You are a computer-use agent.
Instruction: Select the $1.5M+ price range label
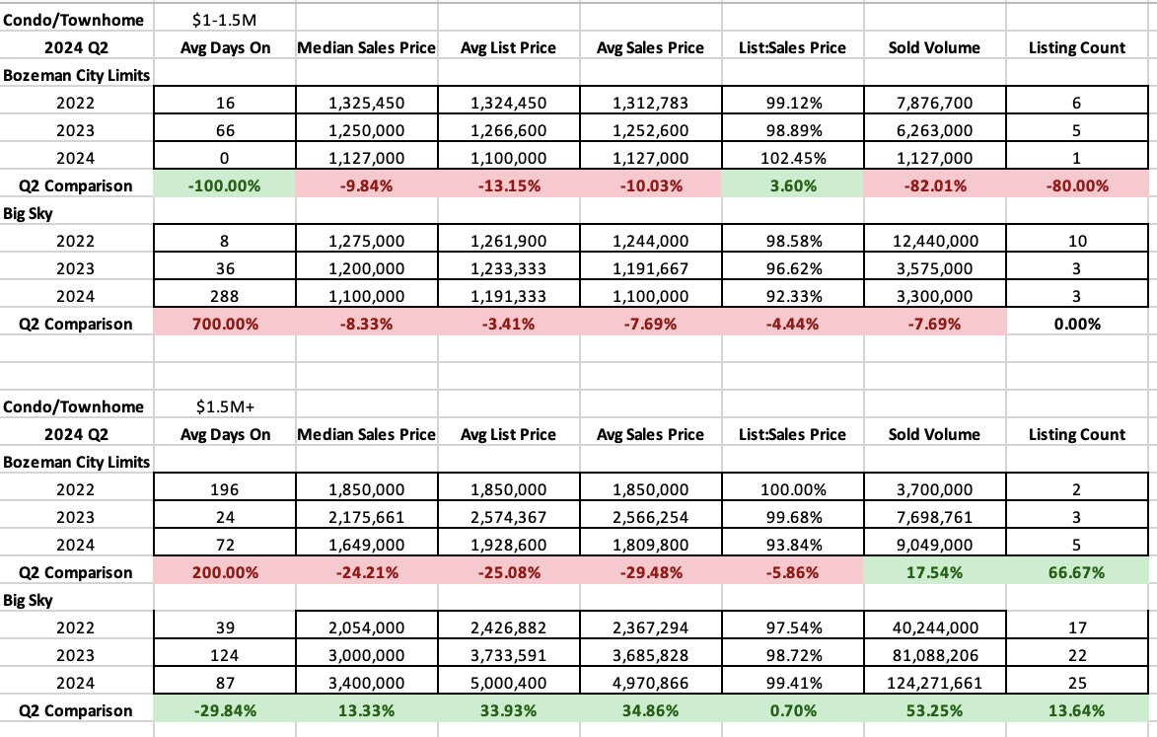coord(224,406)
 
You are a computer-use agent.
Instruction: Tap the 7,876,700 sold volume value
coord(934,103)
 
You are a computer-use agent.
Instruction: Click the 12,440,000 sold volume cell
coord(934,241)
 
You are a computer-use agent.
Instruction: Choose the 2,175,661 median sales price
coord(366,517)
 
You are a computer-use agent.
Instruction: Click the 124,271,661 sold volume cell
coord(934,683)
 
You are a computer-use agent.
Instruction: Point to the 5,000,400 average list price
coord(508,683)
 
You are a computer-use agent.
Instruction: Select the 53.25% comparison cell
coord(934,710)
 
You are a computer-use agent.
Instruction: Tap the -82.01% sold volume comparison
coord(934,185)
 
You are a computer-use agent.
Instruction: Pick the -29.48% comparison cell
coord(650,572)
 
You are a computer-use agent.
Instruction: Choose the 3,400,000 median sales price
coord(366,683)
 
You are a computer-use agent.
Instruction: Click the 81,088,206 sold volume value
coord(934,655)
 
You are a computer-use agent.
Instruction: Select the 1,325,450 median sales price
coord(366,103)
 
